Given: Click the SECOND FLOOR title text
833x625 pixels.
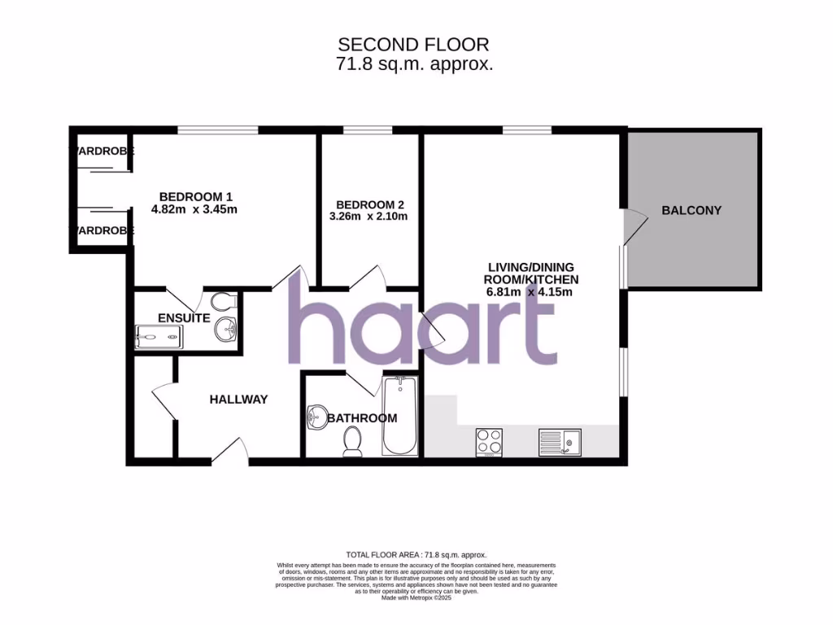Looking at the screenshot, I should (x=414, y=44).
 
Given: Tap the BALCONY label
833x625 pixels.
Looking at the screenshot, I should (x=691, y=210).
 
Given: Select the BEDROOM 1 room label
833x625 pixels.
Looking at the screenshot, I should (x=195, y=196).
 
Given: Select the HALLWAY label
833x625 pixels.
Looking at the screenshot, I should (x=238, y=399).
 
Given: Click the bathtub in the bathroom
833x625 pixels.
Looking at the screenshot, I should (x=399, y=416).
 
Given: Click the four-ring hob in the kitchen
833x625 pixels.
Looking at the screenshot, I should (x=488, y=441).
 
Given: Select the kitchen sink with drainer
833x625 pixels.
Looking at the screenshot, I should (x=558, y=441).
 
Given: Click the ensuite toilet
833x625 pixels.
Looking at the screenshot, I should (x=227, y=303).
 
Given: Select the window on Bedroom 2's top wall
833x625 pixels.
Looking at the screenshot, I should (x=367, y=130).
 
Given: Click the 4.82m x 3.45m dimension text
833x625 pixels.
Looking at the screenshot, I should (x=194, y=209).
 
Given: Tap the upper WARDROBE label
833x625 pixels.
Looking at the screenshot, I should (x=102, y=151).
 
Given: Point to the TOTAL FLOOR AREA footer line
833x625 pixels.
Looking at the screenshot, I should (x=416, y=554).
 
